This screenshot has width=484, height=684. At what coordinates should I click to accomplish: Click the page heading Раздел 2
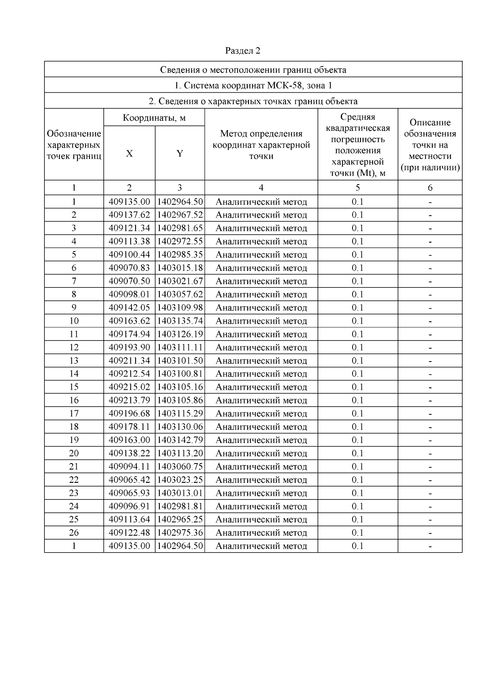click(x=242, y=51)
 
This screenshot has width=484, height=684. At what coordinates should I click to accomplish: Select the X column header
click(x=129, y=154)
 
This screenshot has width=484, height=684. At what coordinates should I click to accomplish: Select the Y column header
click(x=179, y=154)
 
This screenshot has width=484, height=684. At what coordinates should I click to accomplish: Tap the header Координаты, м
click(x=154, y=118)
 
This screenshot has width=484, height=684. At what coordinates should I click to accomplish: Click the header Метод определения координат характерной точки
click(x=261, y=145)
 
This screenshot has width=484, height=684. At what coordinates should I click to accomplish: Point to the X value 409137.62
click(x=129, y=215)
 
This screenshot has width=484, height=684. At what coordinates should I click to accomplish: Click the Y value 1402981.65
click(x=180, y=228)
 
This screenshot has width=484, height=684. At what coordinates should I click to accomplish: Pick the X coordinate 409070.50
click(x=129, y=281)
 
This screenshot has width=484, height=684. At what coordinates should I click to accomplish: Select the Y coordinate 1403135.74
click(x=180, y=321)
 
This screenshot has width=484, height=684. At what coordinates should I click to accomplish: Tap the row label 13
click(x=74, y=361)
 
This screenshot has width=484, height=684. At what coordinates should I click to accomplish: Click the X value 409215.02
click(x=129, y=387)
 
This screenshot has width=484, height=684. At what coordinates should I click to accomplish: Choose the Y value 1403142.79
click(x=180, y=440)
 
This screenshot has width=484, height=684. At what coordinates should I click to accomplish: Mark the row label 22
click(x=74, y=480)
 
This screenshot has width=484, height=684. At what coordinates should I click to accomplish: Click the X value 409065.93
click(x=129, y=493)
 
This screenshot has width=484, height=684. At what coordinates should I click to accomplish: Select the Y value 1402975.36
click(x=180, y=533)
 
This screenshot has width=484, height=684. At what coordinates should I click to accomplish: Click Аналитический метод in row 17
click(x=261, y=414)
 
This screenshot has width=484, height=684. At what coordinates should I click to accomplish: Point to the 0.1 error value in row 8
click(x=357, y=294)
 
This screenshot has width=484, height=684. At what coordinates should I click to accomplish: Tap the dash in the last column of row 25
click(x=430, y=520)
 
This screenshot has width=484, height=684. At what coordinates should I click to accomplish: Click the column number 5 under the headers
click(x=357, y=187)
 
